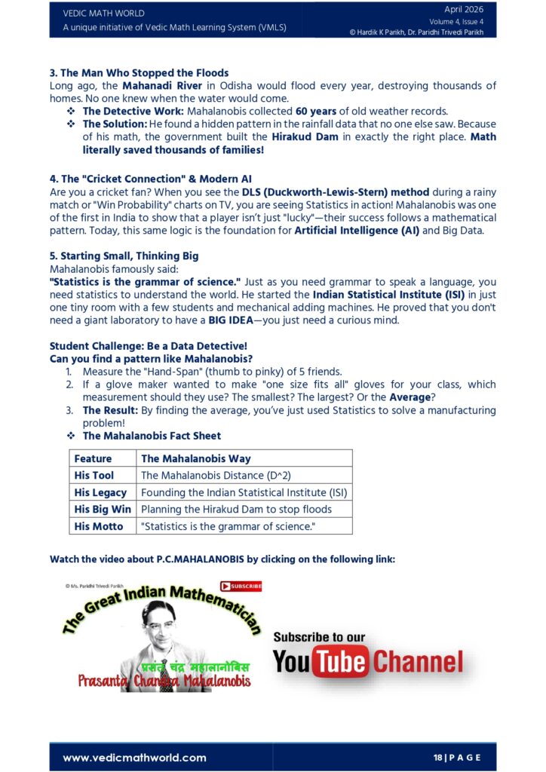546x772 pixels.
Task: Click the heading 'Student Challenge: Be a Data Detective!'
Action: click(143, 346)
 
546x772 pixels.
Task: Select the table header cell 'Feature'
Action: click(93, 458)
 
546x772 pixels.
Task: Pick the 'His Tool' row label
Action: click(94, 476)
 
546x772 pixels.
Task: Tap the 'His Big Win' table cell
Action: click(103, 510)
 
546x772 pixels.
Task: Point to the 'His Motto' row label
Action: click(99, 526)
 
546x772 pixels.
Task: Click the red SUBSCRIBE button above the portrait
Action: click(241, 586)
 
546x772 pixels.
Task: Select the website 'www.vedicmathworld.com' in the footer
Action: click(134, 758)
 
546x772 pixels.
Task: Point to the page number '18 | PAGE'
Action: click(457, 758)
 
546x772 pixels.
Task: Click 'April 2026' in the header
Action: click(464, 10)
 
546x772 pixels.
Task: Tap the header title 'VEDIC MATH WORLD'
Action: click(103, 14)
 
